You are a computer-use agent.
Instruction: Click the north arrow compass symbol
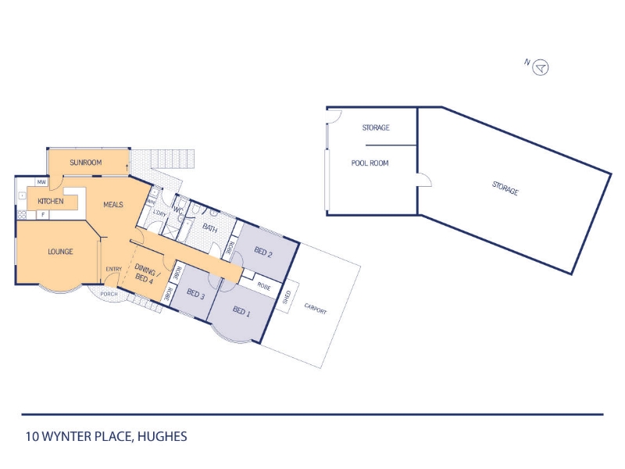click(540, 67)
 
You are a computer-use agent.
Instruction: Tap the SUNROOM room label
click(86, 163)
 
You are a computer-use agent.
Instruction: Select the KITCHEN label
click(51, 202)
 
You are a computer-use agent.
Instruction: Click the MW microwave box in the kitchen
click(41, 182)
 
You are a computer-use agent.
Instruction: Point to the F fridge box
click(43, 215)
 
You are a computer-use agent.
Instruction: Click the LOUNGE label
click(61, 252)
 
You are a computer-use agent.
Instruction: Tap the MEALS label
click(113, 205)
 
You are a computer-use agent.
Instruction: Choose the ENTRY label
click(113, 269)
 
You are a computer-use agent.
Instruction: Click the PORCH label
click(109, 294)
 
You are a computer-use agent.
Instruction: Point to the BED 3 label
click(196, 295)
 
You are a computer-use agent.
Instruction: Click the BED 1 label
click(241, 311)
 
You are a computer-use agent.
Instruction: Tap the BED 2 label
click(263, 252)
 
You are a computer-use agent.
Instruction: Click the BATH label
click(210, 228)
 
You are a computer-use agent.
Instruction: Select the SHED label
click(287, 298)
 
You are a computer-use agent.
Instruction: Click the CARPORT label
click(316, 309)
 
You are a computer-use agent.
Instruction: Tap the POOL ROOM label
click(370, 163)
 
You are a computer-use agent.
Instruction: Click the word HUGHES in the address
click(162, 436)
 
